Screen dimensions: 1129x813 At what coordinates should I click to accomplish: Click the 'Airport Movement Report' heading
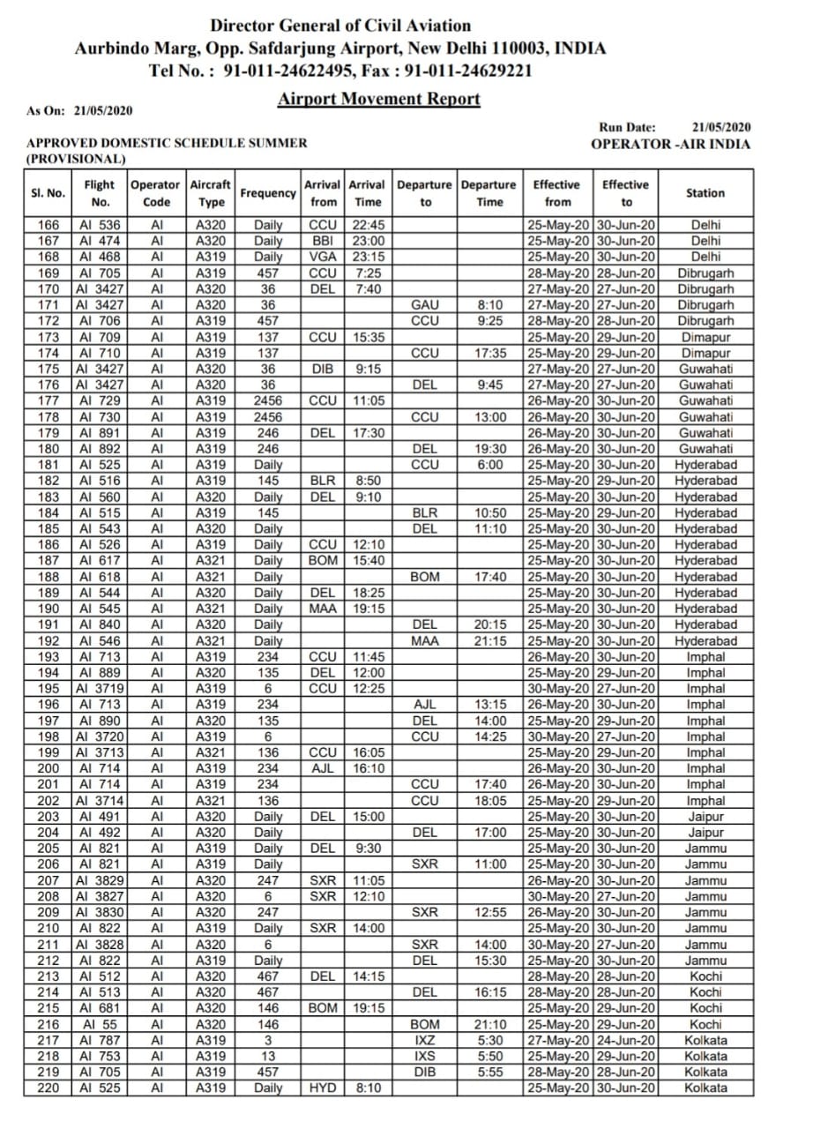pos(378,99)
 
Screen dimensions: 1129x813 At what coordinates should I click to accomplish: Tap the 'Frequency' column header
pos(268,193)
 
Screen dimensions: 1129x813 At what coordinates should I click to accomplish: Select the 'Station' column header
pos(705,193)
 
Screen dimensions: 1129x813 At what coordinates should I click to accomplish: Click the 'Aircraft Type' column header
pos(211,193)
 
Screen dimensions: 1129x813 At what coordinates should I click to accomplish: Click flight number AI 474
pos(99,241)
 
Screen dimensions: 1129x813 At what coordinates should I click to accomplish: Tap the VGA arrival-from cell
pos(323,257)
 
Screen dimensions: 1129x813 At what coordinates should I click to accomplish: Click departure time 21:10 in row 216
pos(490,1025)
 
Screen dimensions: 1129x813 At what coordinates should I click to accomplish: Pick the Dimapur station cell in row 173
pos(705,337)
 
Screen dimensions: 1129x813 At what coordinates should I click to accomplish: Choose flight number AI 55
pos(99,1025)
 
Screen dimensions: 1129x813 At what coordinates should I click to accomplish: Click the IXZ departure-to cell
pos(425,1041)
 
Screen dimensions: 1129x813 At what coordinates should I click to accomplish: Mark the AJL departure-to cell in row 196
pos(425,705)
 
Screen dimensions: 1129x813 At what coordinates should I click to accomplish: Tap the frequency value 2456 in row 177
pos(268,401)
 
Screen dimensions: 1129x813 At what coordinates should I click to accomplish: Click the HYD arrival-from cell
pos(323,1088)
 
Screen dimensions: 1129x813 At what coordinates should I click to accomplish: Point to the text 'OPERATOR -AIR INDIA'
pos(670,144)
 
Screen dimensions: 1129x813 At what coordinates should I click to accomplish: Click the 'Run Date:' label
pos(627,128)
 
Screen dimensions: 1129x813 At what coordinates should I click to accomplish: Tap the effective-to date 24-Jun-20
pos(627,1041)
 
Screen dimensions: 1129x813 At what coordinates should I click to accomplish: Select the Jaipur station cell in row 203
pos(705,817)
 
